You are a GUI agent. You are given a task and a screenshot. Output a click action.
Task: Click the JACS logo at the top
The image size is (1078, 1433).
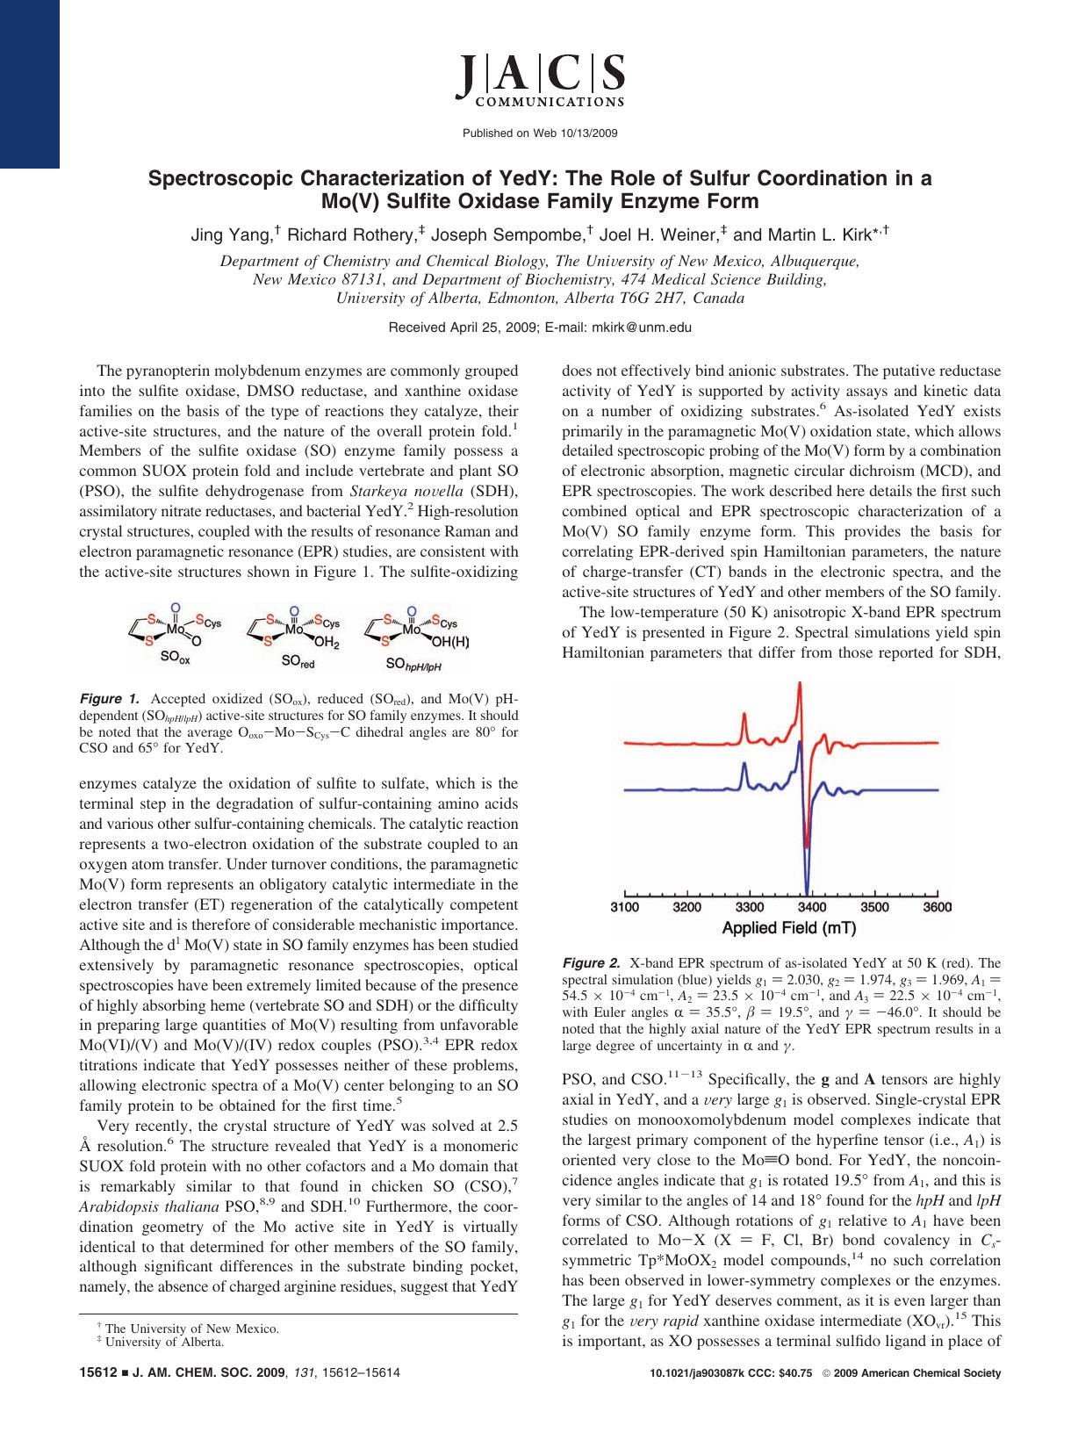[x=539, y=78]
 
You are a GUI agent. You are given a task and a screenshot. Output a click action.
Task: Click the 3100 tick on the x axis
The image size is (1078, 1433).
[x=624, y=907]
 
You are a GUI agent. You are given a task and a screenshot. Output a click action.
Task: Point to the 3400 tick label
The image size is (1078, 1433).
[x=812, y=907]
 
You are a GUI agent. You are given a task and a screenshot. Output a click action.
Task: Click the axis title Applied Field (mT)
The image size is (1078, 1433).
[x=788, y=928]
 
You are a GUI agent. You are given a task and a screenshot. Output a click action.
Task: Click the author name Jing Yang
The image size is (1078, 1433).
[x=230, y=235]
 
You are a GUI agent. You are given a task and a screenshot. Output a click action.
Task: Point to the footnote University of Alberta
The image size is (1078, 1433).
[x=164, y=1342]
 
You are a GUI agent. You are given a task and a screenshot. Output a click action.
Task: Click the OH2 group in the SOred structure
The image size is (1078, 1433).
[x=327, y=642]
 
